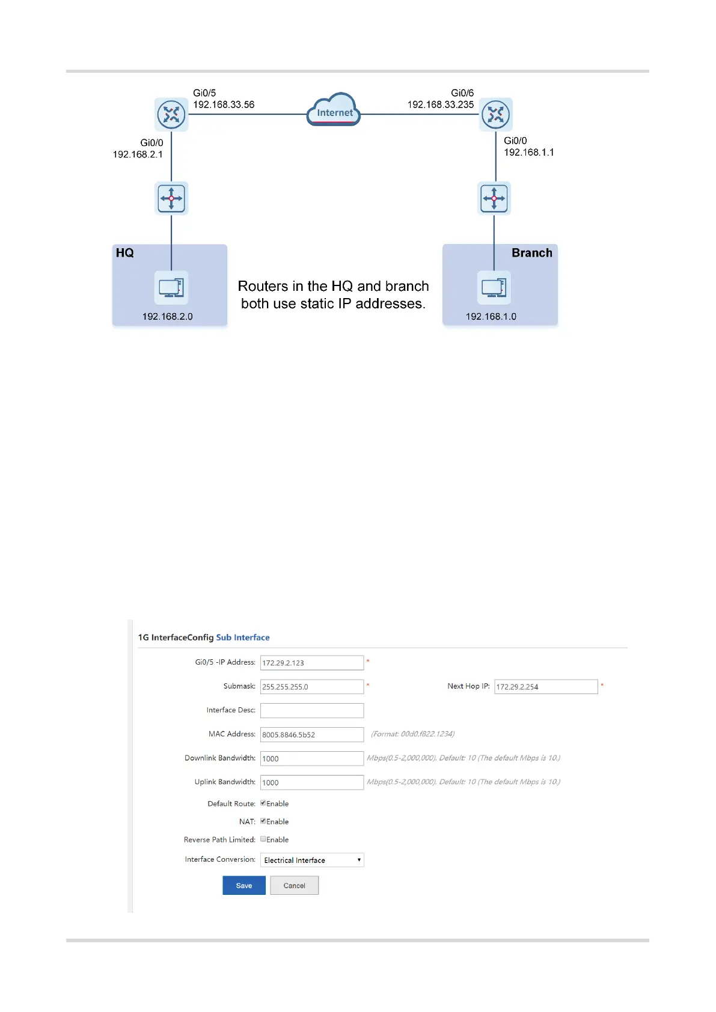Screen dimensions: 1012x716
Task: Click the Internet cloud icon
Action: (x=334, y=109)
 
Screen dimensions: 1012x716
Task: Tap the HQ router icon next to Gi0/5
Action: (x=171, y=114)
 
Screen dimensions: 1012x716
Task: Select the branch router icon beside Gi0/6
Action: (x=496, y=114)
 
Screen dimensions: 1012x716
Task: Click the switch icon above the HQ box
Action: (x=171, y=198)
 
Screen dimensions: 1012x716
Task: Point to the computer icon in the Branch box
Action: (x=494, y=287)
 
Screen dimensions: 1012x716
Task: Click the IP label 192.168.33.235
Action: (x=441, y=105)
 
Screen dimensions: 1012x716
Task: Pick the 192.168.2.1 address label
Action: (x=138, y=154)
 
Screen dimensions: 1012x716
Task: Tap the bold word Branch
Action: (x=531, y=253)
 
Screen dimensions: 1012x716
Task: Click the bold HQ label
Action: (x=125, y=253)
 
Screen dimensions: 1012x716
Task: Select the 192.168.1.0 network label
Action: (x=491, y=317)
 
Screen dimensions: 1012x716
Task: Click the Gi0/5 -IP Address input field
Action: (x=311, y=663)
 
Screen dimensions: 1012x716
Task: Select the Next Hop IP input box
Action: (x=546, y=687)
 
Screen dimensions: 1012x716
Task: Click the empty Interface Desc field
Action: (x=311, y=710)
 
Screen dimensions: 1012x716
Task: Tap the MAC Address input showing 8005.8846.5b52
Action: (x=311, y=734)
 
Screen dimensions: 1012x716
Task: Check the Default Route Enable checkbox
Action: (x=263, y=803)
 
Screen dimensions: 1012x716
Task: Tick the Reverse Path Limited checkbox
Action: (x=263, y=840)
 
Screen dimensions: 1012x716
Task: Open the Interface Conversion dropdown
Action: (x=312, y=860)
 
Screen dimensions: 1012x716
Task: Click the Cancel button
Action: (x=294, y=885)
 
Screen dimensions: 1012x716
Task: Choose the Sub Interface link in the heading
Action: (x=243, y=638)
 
